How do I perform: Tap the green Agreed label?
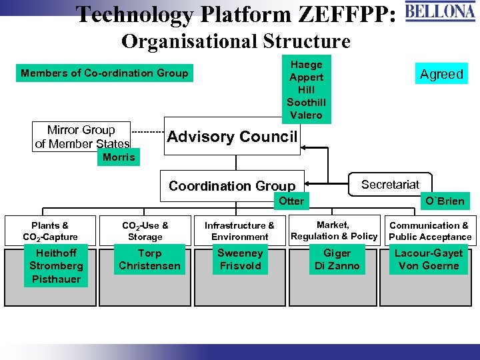click(441, 74)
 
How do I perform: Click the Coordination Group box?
click(231, 186)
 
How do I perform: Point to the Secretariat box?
click(390, 185)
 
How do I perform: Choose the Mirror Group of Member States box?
click(81, 137)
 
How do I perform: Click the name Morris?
click(119, 157)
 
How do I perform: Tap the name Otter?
click(291, 201)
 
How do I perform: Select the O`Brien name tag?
click(445, 201)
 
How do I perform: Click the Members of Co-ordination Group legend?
click(105, 73)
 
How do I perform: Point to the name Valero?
click(306, 115)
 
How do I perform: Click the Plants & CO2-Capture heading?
click(50, 231)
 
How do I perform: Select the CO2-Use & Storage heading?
click(145, 231)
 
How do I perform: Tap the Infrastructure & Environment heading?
click(239, 231)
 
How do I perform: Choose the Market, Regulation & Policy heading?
click(334, 231)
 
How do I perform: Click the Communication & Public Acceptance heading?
click(430, 231)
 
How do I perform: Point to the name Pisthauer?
click(56, 279)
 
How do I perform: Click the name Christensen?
click(149, 265)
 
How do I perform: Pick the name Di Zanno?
click(337, 265)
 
